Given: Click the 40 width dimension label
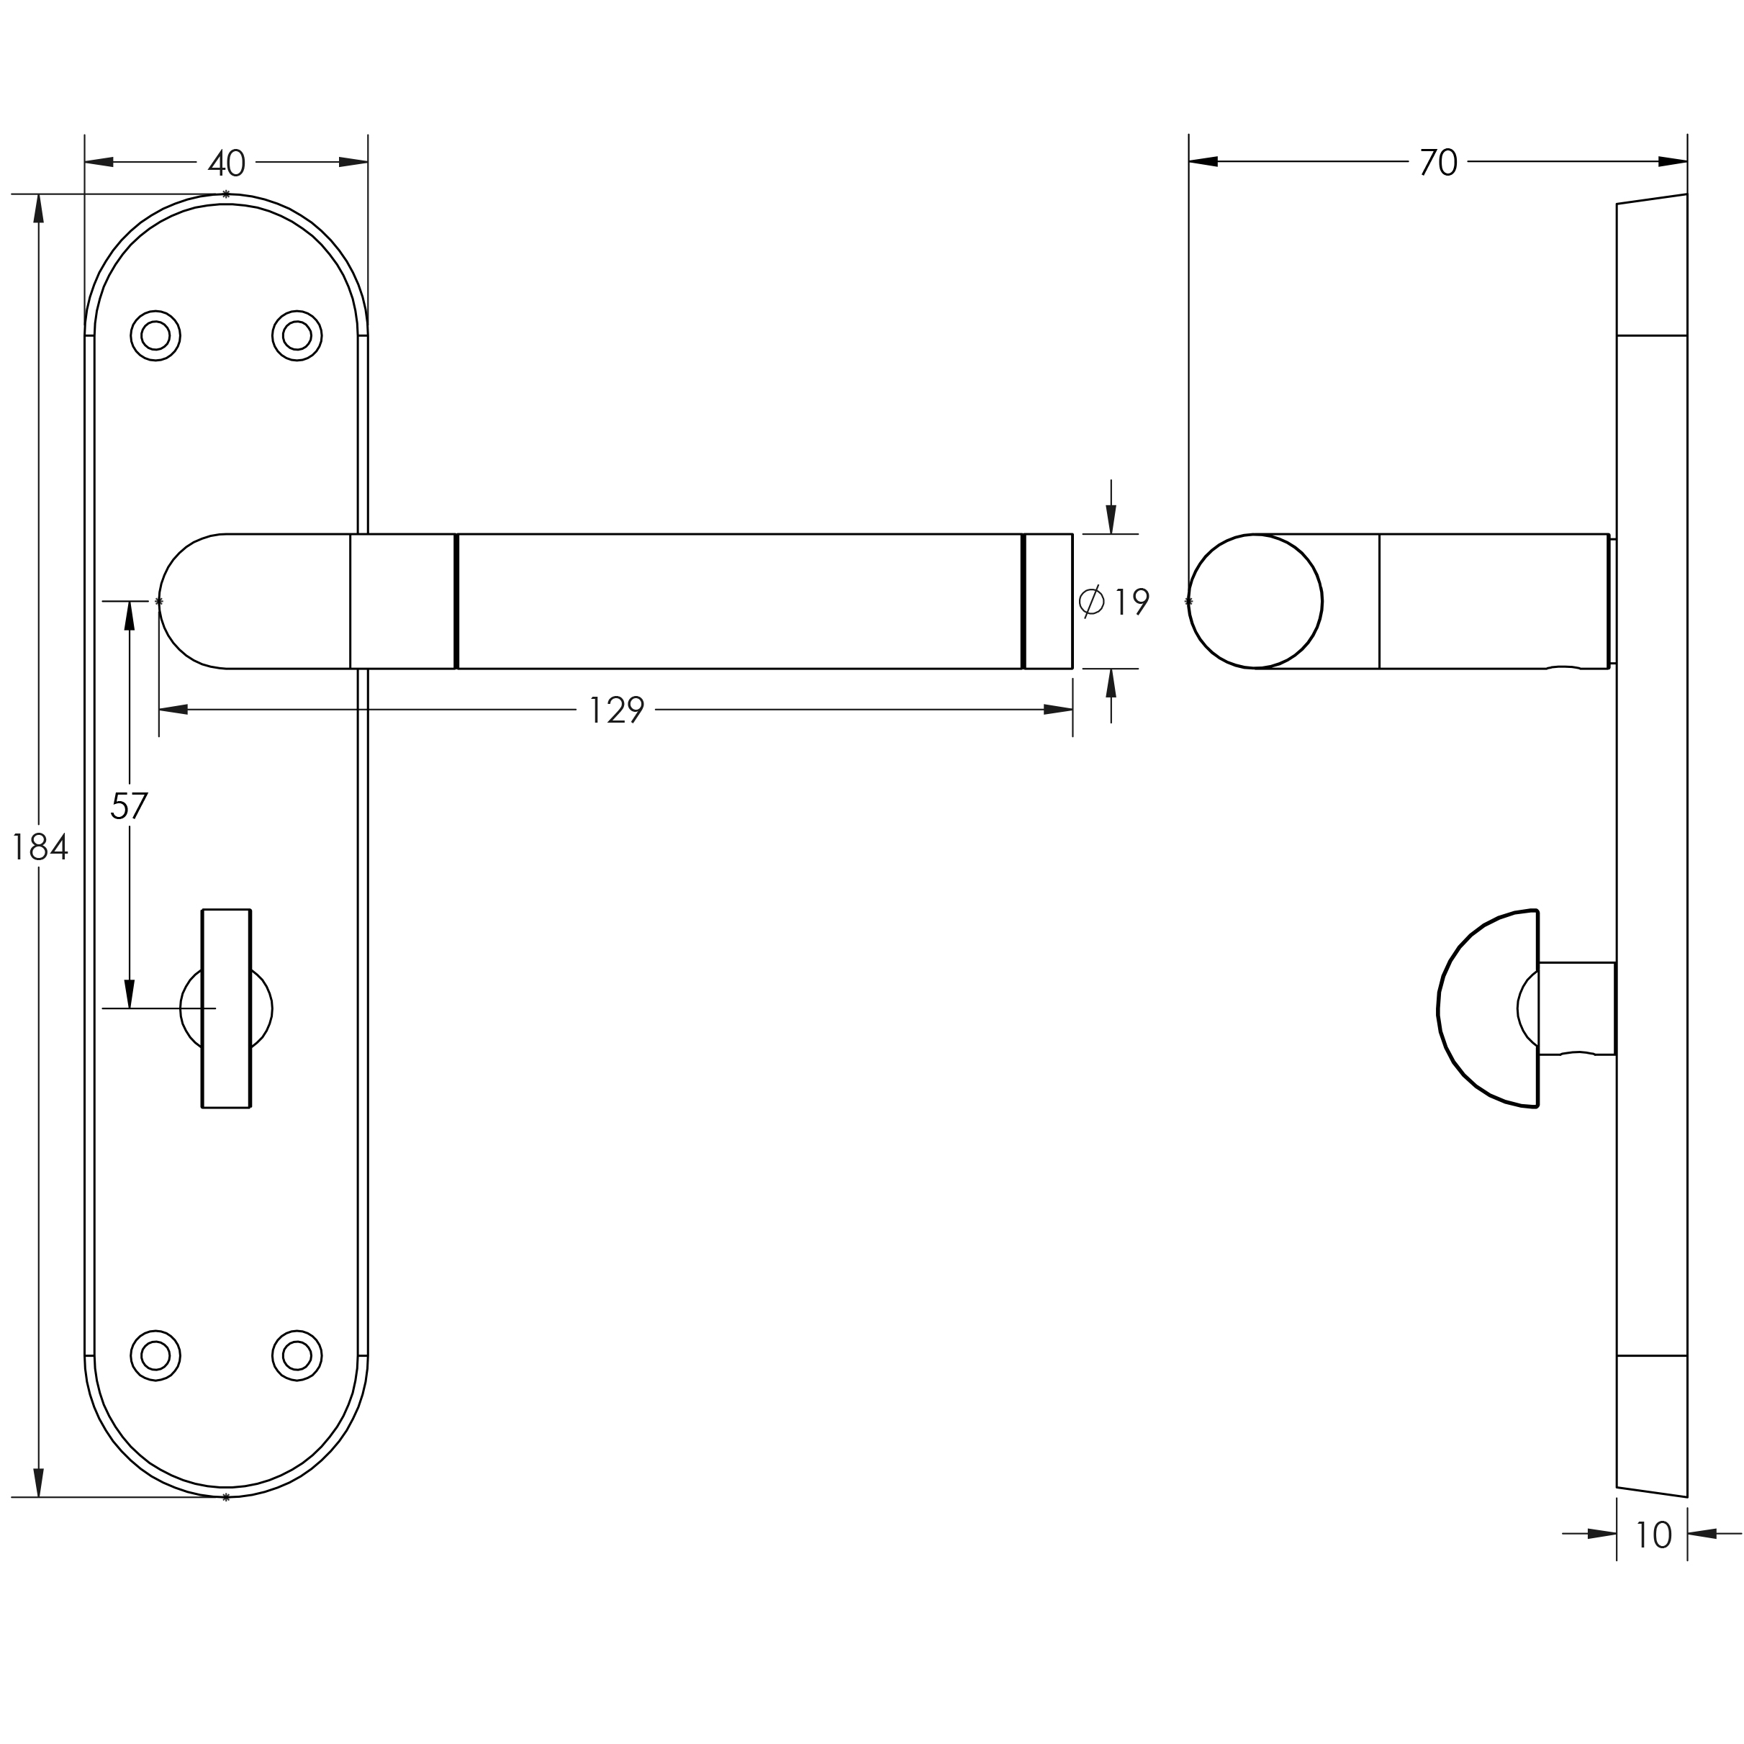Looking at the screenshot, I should point(227,163).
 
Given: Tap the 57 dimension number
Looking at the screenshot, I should point(128,805).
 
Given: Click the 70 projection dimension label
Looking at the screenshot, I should point(1438,163).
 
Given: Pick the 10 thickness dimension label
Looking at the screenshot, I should point(1653,1535).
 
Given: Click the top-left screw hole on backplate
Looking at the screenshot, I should point(155,336).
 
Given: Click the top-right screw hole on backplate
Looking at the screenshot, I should point(297,336).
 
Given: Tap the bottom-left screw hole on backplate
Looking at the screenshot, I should point(155,1356).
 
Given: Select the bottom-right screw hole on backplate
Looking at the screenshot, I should point(297,1356).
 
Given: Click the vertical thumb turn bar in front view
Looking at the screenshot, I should point(226,1008).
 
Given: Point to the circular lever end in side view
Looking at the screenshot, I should point(1255,601).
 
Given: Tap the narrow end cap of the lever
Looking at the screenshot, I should point(1049,601).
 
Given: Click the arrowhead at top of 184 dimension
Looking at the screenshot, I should point(39,209).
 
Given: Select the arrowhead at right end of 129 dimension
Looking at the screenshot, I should point(1058,710).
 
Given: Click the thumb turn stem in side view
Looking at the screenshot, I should point(1576,1008).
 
